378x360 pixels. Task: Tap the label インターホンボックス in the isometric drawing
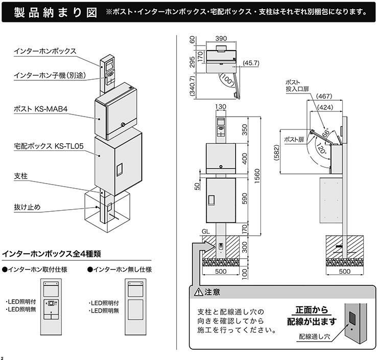45,51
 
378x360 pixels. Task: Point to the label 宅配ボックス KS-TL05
49,146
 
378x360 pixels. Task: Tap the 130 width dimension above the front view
221,107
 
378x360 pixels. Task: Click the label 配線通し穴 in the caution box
315,337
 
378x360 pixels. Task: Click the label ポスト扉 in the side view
294,139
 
